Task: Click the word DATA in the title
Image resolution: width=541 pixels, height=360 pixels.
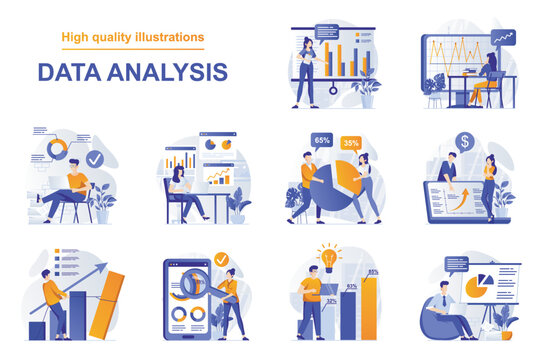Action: tap(70, 71)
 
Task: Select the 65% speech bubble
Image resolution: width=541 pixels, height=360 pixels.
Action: tap(322, 140)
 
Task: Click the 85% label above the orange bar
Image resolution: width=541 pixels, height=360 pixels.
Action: tap(373, 272)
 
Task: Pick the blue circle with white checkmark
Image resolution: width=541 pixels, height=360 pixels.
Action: tap(93, 158)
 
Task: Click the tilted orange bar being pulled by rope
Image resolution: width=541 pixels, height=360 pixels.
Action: tap(107, 304)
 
